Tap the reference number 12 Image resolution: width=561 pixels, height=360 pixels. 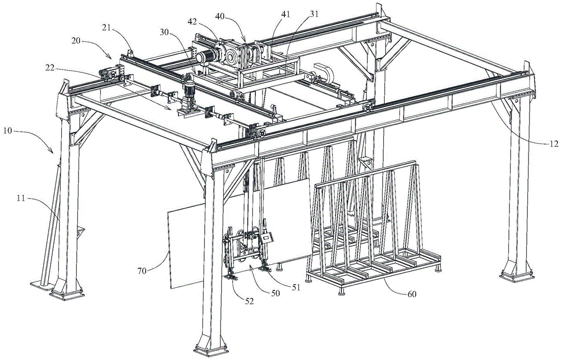click(x=549, y=144)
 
